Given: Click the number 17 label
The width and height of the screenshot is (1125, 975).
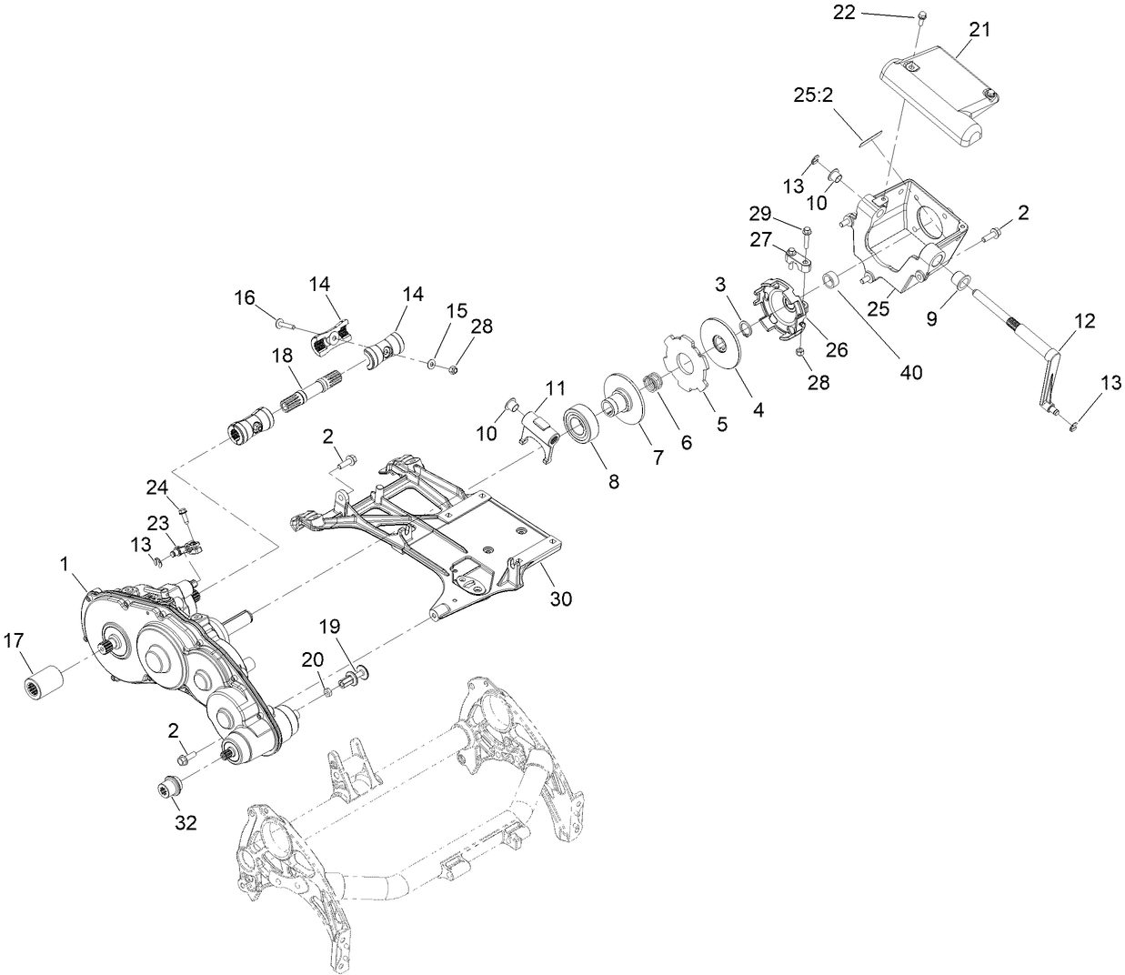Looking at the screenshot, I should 14,640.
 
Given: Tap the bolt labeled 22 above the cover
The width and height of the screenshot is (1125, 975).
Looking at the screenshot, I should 920,15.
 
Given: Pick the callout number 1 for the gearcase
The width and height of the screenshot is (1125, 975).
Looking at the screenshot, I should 65,564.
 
